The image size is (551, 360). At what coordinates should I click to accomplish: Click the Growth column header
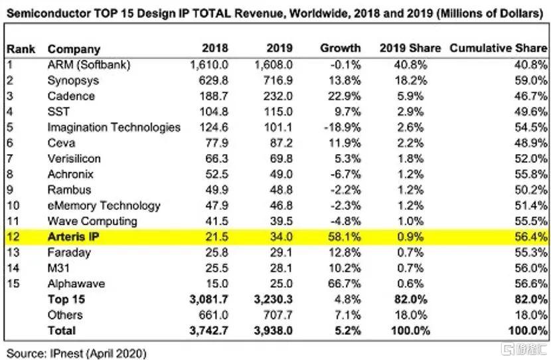point(341,48)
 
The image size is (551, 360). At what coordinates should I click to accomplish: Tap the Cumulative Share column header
point(498,48)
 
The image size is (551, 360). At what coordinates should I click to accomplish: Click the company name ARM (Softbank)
point(89,64)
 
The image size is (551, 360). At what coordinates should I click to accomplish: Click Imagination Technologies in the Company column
point(114,127)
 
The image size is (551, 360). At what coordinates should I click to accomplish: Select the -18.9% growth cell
point(343,127)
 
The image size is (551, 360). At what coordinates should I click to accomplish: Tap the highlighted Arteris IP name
point(76,236)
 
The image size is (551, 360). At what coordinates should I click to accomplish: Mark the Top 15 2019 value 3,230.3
point(274,300)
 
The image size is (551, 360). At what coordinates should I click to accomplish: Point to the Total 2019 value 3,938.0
point(274,330)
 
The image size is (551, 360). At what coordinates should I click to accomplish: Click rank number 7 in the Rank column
point(10,158)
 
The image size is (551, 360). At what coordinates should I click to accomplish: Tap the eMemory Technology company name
point(104,205)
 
